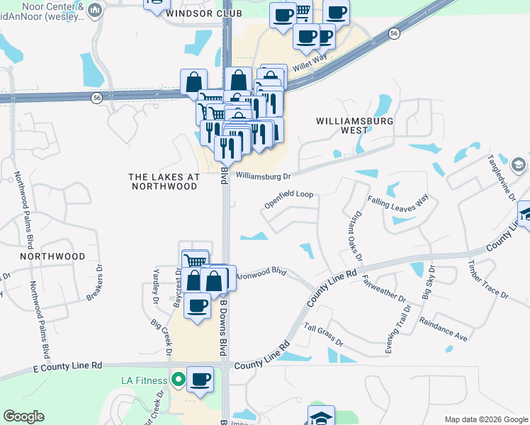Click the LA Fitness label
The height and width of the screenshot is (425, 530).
tap(143, 380)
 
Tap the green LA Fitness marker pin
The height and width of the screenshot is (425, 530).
tap(177, 380)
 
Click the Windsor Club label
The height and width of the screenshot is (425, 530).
tap(204, 13)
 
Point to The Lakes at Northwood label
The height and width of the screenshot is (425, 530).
tap(163, 181)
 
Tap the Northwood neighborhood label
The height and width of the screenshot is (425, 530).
tap(52, 256)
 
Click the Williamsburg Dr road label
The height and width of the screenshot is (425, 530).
tap(264, 175)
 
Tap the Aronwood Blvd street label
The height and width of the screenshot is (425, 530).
tap(260, 271)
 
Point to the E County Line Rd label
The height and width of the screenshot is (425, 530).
tap(68, 366)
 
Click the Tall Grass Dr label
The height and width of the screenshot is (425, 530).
tap(323, 334)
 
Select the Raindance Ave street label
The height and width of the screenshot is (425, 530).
tap(444, 329)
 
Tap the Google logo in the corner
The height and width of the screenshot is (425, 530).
tap(23, 416)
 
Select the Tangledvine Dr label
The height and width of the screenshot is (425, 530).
tap(501, 176)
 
